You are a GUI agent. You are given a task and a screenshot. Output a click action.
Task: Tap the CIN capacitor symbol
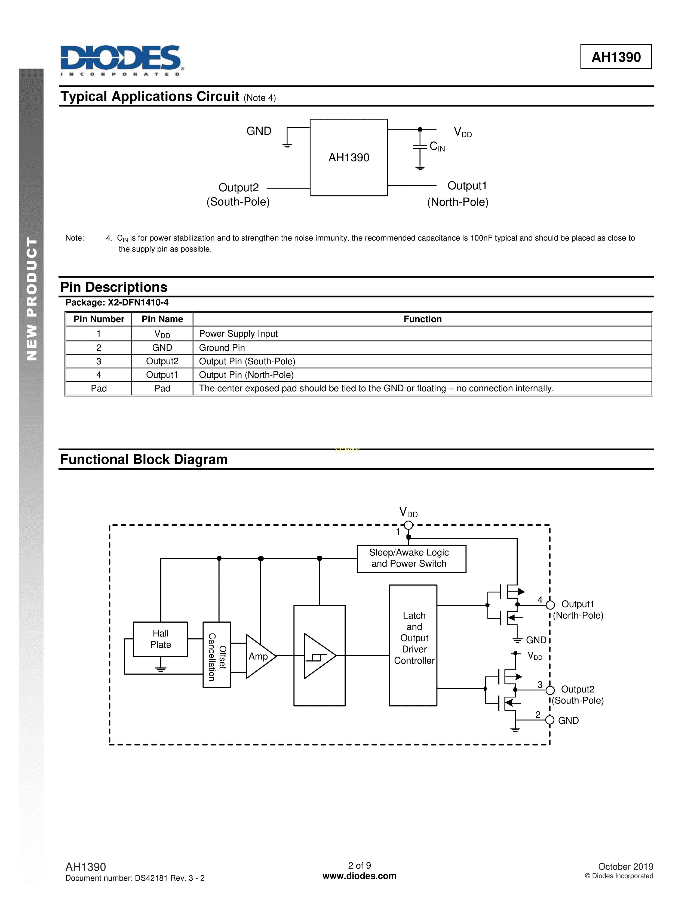420,147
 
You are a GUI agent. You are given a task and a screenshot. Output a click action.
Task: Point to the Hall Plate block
160,639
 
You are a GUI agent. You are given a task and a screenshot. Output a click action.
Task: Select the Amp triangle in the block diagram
259,656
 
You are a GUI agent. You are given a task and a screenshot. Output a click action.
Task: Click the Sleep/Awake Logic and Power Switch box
411,558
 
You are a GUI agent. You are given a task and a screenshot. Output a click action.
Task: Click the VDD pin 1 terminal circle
408,525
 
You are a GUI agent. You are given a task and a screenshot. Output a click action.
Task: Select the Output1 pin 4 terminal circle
550,604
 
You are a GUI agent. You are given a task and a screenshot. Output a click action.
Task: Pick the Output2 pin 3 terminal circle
550,690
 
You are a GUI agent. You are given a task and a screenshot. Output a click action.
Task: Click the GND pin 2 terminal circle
550,720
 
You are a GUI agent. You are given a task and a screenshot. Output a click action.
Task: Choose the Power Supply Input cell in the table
238,333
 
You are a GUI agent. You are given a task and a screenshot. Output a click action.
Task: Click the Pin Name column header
162,319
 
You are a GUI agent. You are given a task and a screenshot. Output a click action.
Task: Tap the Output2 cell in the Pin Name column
162,361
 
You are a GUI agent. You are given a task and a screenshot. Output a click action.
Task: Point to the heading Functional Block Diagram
144,459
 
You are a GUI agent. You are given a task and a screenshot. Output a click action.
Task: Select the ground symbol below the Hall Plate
160,669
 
